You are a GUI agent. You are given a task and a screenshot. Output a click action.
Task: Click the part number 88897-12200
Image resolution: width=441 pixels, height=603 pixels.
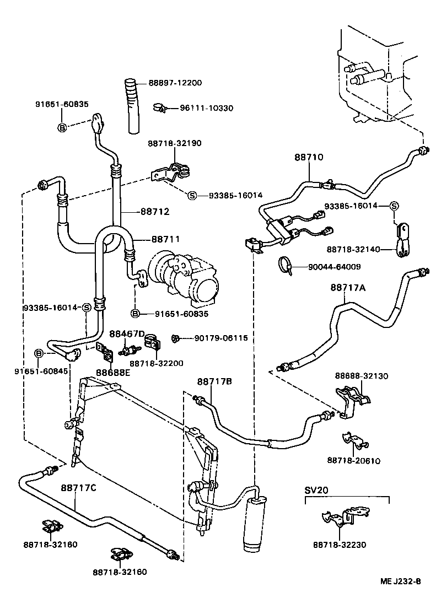coord(175,83)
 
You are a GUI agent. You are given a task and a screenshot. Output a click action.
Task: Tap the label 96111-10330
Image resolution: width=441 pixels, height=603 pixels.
coord(206,108)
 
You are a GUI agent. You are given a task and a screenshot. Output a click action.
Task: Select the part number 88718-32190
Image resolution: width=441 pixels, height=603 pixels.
coord(174,143)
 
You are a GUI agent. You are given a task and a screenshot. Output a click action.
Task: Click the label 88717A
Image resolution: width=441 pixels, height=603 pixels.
coord(348,287)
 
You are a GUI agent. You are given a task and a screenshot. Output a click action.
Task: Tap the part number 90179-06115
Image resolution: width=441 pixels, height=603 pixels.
coord(221,338)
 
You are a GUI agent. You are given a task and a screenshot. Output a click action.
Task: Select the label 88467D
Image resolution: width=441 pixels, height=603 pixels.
coord(126,334)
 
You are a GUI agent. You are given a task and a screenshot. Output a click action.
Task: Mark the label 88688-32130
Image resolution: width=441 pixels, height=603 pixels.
coord(362,376)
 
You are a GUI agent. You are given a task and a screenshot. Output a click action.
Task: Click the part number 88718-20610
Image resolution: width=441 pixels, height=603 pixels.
coord(353,460)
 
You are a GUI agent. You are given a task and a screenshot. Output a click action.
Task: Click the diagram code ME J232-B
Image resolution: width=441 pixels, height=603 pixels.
coord(400,582)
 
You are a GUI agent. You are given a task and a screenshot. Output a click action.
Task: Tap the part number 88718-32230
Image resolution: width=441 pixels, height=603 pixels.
coord(340,545)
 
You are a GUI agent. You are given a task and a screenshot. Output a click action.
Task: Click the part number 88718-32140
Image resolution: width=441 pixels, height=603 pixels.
coord(353,249)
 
